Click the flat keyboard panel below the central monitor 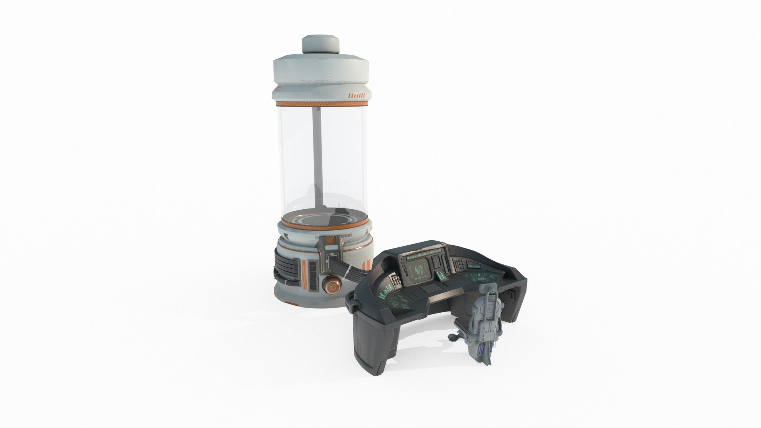pos(430,288)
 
